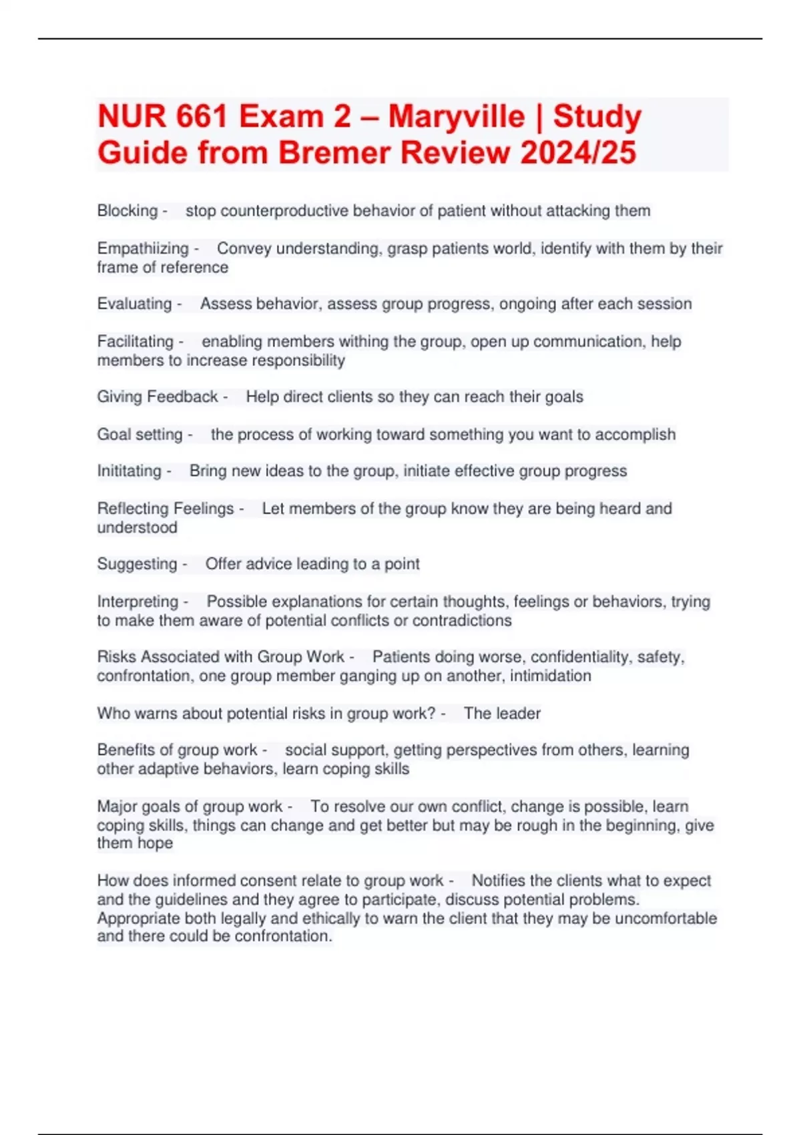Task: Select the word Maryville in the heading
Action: pyautogui.click(x=456, y=117)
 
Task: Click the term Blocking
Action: pyautogui.click(x=127, y=211)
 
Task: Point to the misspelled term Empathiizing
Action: pyautogui.click(x=143, y=248)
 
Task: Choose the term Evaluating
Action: pyautogui.click(x=134, y=304)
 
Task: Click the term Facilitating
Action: pyautogui.click(x=135, y=341)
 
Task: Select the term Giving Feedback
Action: pyautogui.click(x=158, y=397)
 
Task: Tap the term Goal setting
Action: pyautogui.click(x=140, y=435)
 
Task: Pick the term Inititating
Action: pyautogui.click(x=129, y=471)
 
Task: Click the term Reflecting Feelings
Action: pyautogui.click(x=165, y=509)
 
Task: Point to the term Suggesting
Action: pyautogui.click(x=137, y=564)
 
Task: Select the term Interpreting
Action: pyautogui.click(x=138, y=602)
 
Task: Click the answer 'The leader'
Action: pyautogui.click(x=502, y=714)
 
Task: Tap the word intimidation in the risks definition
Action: pyautogui.click(x=550, y=676)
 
